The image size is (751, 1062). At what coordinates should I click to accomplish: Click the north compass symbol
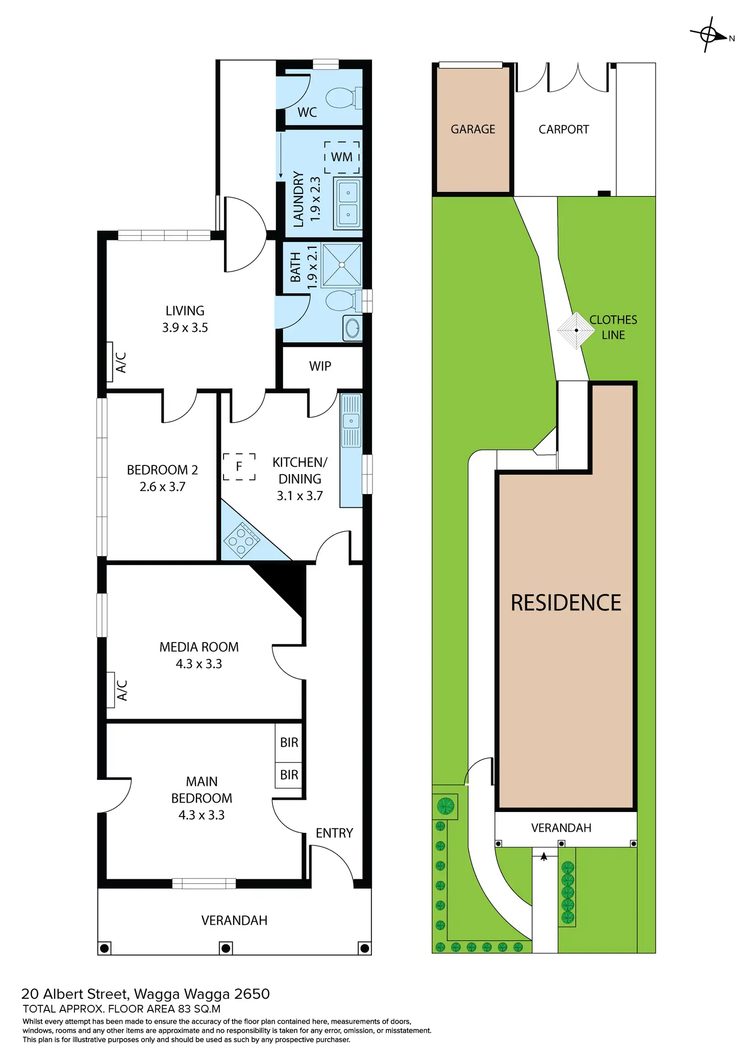tap(709, 35)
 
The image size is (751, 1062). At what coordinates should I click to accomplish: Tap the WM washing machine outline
tap(342, 157)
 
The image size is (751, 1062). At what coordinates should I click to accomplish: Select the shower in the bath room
tap(342, 265)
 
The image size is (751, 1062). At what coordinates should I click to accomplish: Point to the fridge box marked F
tap(239, 466)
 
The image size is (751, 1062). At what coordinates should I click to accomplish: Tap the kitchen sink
tap(351, 421)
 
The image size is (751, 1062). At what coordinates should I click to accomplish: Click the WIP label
tap(320, 366)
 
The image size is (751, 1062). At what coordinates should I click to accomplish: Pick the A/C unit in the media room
tap(111, 690)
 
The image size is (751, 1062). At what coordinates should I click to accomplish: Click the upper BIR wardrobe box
tap(289, 743)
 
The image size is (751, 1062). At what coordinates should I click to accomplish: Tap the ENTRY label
tap(334, 833)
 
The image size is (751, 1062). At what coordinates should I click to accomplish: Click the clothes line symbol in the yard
tap(576, 330)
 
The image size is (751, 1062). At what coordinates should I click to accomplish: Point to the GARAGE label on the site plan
tap(473, 130)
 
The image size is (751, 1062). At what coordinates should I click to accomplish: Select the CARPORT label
tap(564, 130)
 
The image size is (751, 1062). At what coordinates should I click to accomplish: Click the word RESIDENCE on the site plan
tap(566, 603)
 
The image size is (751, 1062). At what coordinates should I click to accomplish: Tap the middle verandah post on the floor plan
tap(226, 949)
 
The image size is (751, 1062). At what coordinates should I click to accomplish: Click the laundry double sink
tap(348, 204)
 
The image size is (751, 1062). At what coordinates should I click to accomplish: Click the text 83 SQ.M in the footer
tap(199, 1009)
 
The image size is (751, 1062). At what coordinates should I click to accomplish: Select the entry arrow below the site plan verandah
tap(544, 857)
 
